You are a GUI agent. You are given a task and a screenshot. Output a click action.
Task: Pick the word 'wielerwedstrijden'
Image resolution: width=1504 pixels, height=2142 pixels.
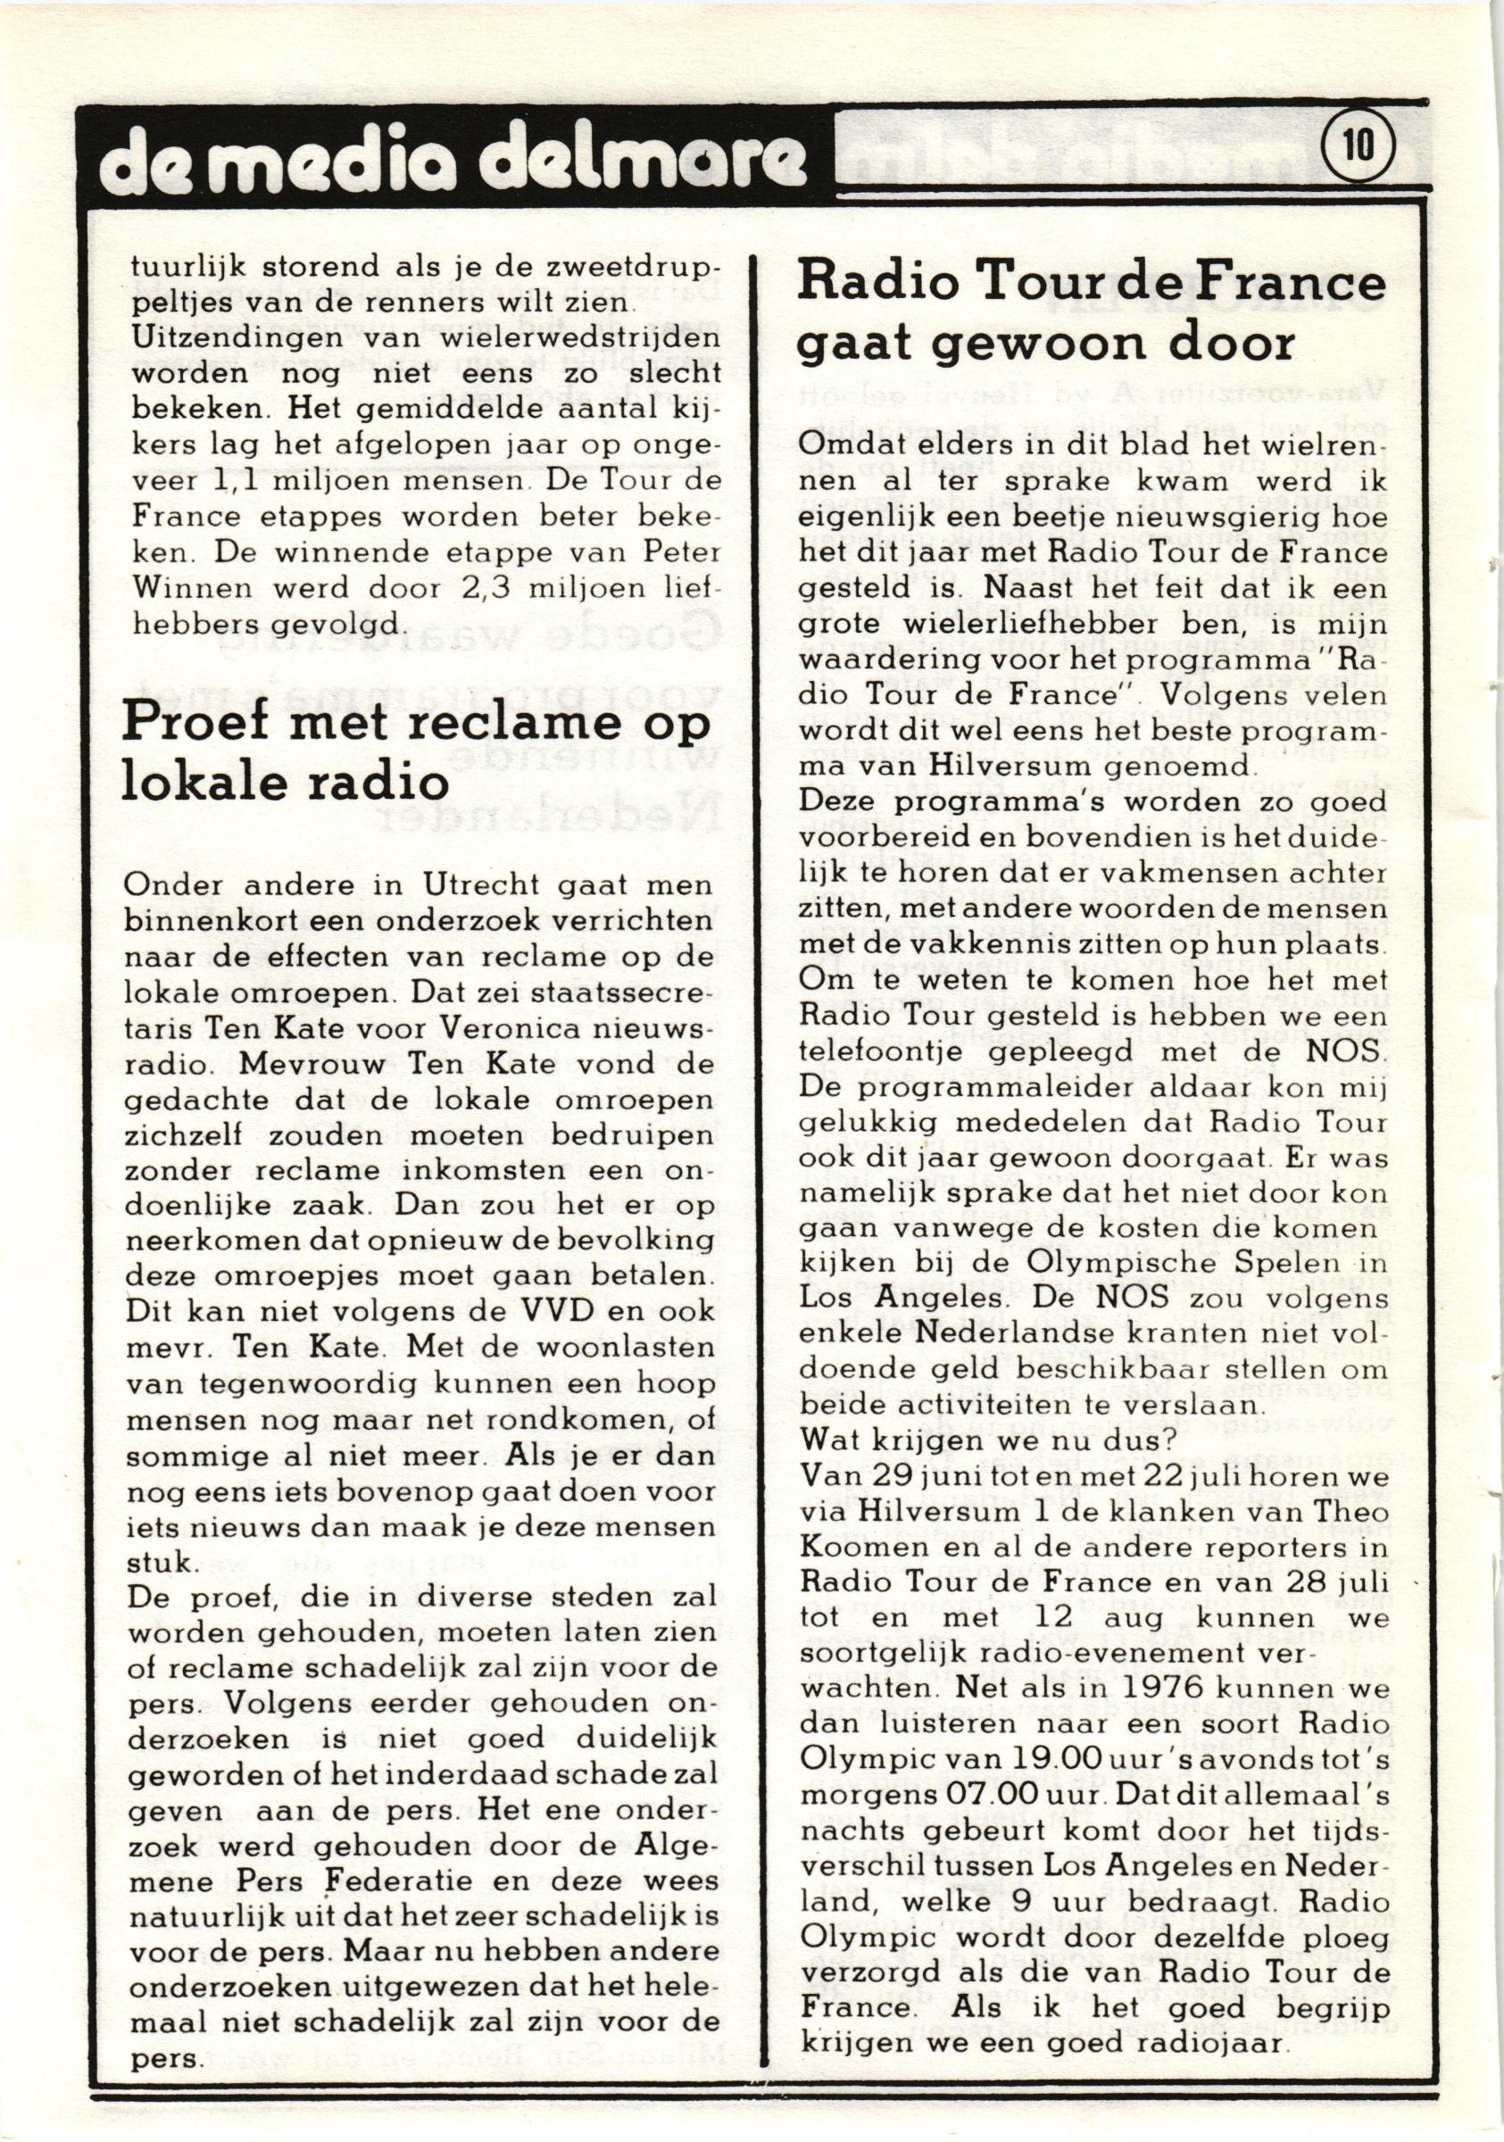coord(581,338)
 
